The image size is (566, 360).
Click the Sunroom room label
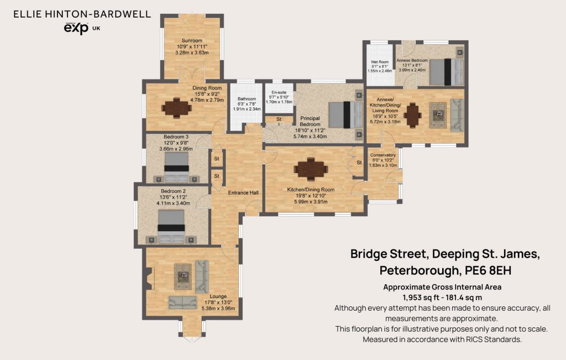coord(192,40)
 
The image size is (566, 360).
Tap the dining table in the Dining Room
coord(176,108)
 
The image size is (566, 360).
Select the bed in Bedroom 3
coord(176,167)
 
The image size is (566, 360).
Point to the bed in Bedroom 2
coord(171,226)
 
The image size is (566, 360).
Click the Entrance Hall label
coord(243,193)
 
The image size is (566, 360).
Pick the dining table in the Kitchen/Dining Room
coord(311,169)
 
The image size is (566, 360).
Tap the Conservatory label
coord(383,155)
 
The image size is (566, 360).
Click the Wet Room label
coord(380,62)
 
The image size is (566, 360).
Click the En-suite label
coord(279,92)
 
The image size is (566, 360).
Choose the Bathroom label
coord(247,99)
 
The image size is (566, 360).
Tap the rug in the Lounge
coord(182,277)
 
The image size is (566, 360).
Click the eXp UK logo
coord(82,28)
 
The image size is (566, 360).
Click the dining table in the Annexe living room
coord(412,115)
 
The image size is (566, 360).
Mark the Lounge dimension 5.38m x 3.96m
coord(218,309)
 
